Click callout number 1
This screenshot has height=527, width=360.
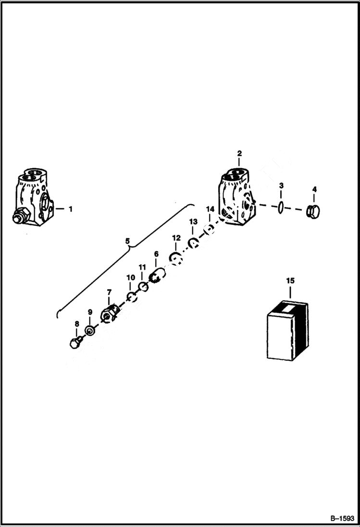point(70,209)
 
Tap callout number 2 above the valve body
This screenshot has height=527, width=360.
point(239,154)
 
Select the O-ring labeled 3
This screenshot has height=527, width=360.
point(281,207)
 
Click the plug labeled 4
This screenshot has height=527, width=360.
point(313,210)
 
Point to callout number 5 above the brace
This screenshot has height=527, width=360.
point(127,242)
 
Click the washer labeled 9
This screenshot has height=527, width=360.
point(90,330)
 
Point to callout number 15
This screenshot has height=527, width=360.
point(290,280)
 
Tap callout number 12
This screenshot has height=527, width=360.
point(176,238)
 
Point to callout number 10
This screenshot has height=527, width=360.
point(131,278)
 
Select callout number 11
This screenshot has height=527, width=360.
point(142,267)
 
